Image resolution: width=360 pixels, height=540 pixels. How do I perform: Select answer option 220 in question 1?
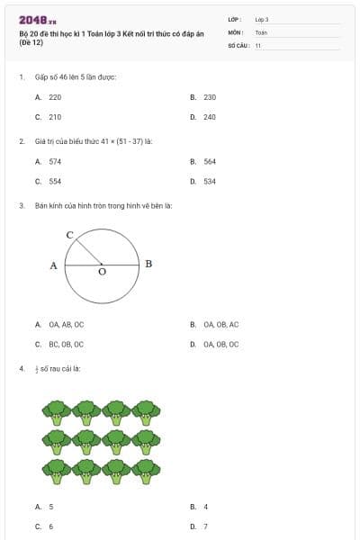[55, 96]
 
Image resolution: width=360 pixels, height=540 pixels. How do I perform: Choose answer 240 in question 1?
[210, 117]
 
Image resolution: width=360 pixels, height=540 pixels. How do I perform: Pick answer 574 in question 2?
[55, 161]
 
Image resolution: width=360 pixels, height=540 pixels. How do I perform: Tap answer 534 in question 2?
[210, 181]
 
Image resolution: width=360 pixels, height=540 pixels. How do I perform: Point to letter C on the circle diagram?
[69, 234]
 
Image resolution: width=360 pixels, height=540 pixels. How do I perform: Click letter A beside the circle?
[54, 265]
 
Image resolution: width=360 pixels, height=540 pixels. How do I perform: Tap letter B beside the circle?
[148, 264]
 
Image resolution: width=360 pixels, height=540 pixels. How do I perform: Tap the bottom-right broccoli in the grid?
[147, 470]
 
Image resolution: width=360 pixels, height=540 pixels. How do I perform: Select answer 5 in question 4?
[51, 507]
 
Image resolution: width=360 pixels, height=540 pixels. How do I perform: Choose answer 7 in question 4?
[206, 526]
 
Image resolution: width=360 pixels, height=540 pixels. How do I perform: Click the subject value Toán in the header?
[261, 31]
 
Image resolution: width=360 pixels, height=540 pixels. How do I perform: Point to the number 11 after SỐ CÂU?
[258, 44]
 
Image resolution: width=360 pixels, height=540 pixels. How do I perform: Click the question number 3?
[21, 206]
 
